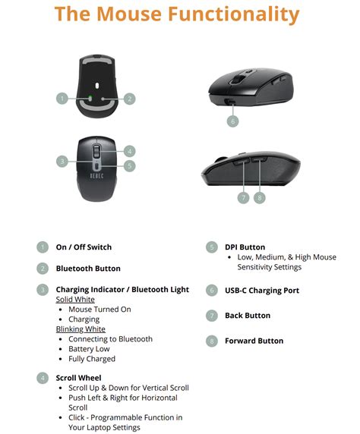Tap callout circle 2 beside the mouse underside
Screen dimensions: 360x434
click(x=129, y=98)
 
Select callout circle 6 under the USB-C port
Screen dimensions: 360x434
click(x=232, y=121)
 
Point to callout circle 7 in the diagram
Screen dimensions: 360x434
click(x=243, y=197)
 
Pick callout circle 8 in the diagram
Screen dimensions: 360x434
click(x=260, y=197)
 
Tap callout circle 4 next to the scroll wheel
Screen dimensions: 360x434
click(x=129, y=150)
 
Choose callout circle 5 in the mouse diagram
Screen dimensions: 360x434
click(x=129, y=165)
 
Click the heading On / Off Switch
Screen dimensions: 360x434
click(x=84, y=247)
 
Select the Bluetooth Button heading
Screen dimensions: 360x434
click(x=88, y=268)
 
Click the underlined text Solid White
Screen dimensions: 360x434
click(x=74, y=300)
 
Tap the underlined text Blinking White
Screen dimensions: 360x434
click(x=81, y=329)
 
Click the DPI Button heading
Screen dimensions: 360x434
click(x=245, y=247)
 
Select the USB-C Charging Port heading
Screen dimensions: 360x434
click(x=262, y=290)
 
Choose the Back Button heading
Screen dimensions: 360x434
click(x=248, y=315)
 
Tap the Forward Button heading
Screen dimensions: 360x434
click(x=254, y=341)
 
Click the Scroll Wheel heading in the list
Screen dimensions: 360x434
click(x=78, y=377)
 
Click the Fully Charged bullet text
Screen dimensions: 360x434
click(x=92, y=359)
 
